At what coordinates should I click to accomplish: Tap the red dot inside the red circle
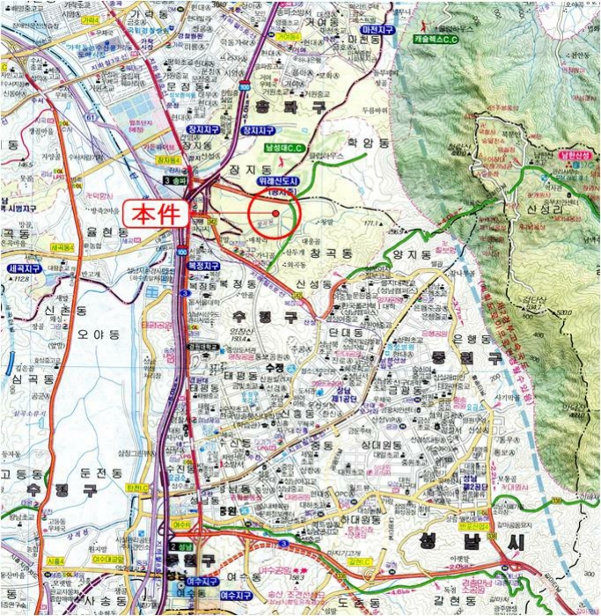tap(275, 212)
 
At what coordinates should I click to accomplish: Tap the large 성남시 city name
tap(469, 541)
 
